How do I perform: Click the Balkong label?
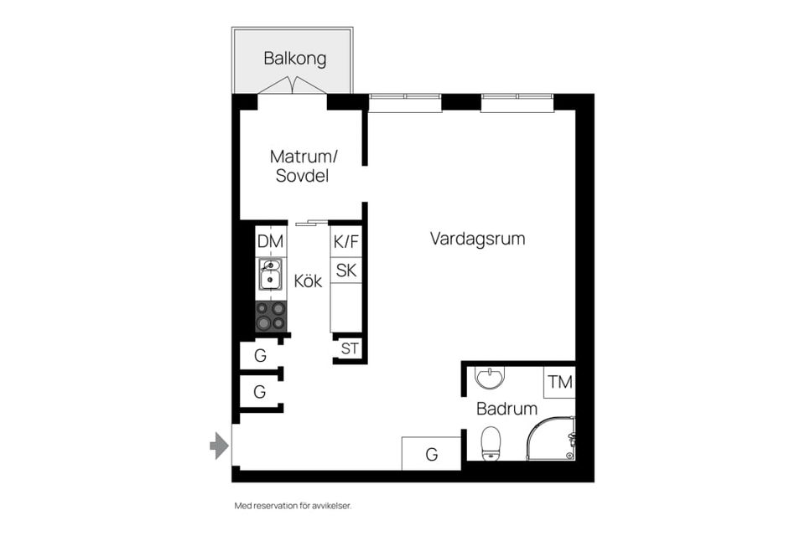294,59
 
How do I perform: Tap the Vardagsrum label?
477,239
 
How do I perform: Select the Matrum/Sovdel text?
303,166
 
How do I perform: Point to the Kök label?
308,281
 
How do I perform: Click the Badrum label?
506,409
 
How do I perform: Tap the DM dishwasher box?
271,241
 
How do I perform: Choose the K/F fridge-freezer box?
346,241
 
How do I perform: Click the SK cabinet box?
346,271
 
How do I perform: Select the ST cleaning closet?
350,348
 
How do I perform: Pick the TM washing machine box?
559,382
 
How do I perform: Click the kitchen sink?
271,275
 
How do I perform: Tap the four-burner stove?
271,316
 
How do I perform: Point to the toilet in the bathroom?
491,443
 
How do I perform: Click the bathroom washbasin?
491,378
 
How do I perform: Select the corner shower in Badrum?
551,439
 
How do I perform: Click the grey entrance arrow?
219,446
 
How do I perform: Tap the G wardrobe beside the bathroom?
431,453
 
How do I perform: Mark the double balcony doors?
292,85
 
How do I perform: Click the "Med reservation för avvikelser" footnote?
293,506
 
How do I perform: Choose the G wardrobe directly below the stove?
260,355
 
